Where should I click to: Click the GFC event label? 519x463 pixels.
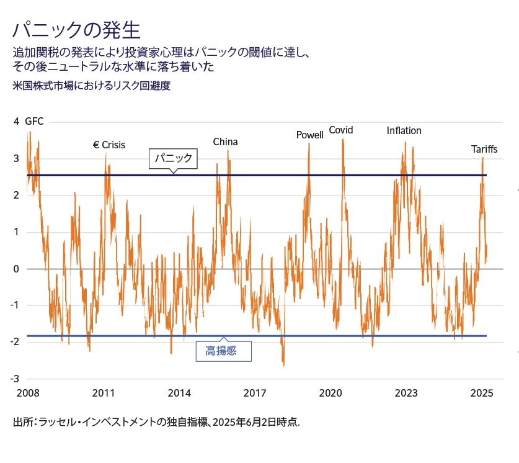[34, 122]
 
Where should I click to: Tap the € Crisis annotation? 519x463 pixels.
[109, 145]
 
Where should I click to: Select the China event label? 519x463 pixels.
[225, 142]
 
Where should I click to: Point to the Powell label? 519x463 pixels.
[309, 135]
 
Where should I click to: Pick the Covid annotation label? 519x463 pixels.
[340, 130]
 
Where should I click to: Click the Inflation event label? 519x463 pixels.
[404, 131]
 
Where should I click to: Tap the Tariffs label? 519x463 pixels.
[484, 149]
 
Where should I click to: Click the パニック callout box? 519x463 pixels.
[174, 159]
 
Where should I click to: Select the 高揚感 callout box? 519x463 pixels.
[224, 351]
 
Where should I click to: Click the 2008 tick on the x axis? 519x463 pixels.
[28, 393]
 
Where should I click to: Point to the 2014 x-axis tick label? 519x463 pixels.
[179, 393]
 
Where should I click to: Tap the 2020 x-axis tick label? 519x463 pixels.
[330, 393]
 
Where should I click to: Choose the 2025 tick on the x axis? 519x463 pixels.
[482, 393]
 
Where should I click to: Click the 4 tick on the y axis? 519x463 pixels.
[16, 122]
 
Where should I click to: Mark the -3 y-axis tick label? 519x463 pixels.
[14, 379]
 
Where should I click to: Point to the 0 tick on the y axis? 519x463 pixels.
[16, 269]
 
